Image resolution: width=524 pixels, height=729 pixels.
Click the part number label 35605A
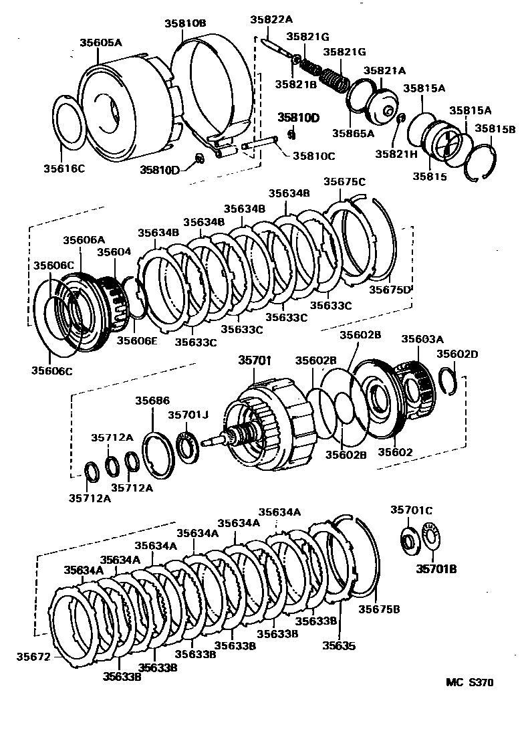101,42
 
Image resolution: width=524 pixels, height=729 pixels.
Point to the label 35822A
271,20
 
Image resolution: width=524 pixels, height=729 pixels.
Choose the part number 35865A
352,133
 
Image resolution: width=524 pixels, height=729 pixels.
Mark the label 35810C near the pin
313,156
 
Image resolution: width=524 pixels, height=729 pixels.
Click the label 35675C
344,181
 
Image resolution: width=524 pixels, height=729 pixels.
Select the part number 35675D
390,289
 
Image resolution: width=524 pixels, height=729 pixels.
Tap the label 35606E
138,340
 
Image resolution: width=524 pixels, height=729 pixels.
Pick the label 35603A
420,339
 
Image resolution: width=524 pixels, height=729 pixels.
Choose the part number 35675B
379,609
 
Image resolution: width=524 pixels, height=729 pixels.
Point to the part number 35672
33,657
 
